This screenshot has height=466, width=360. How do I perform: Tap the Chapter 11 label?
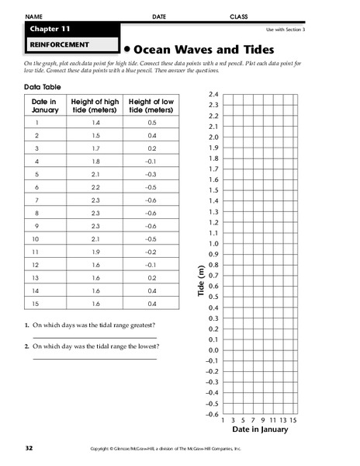click(x=50, y=30)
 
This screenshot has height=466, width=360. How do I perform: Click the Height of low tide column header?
click(x=151, y=107)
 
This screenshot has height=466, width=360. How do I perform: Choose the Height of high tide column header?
click(x=95, y=107)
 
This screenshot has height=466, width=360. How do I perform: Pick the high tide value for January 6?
click(x=95, y=188)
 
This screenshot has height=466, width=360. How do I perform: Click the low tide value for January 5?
click(x=151, y=175)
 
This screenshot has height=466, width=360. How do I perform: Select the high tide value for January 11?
click(x=95, y=252)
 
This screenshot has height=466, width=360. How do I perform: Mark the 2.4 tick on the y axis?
click(x=213, y=94)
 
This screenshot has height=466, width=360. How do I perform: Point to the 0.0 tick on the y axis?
click(x=213, y=350)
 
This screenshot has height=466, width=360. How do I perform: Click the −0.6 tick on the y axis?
click(x=212, y=415)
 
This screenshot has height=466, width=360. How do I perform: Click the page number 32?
click(x=29, y=449)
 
